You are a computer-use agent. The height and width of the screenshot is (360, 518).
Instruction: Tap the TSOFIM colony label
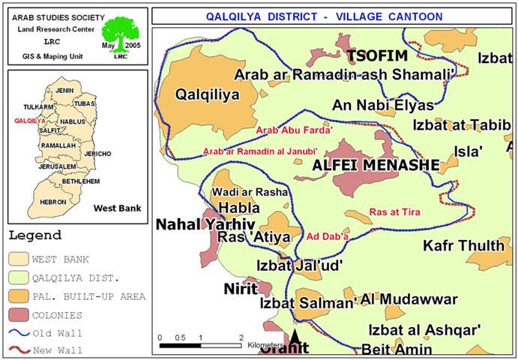click(376, 57)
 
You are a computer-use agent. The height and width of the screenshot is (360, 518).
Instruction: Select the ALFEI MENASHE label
click(355, 164)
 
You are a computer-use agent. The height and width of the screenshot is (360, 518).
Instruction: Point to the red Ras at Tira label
click(394, 212)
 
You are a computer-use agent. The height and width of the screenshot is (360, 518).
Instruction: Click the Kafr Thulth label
click(463, 245)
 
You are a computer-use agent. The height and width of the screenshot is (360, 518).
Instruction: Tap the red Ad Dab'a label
click(328, 237)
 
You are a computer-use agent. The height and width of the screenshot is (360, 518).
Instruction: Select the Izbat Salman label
click(307, 304)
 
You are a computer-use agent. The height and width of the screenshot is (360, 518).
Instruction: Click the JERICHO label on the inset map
click(97, 154)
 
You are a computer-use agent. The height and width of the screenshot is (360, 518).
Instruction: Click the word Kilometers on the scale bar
click(267, 345)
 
